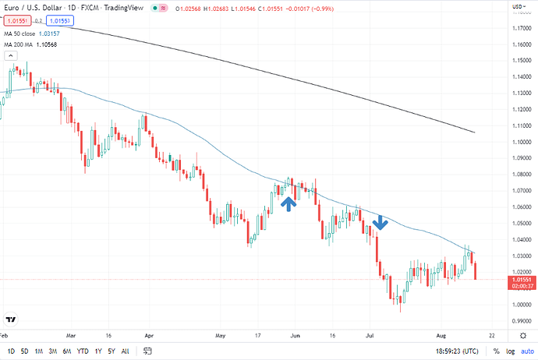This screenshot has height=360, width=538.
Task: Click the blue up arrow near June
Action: click(288, 203)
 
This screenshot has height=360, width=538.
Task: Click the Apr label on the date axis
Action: click(147, 336)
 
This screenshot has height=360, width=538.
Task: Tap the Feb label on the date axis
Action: click(5, 336)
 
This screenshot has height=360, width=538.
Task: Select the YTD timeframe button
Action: click(83, 352)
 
